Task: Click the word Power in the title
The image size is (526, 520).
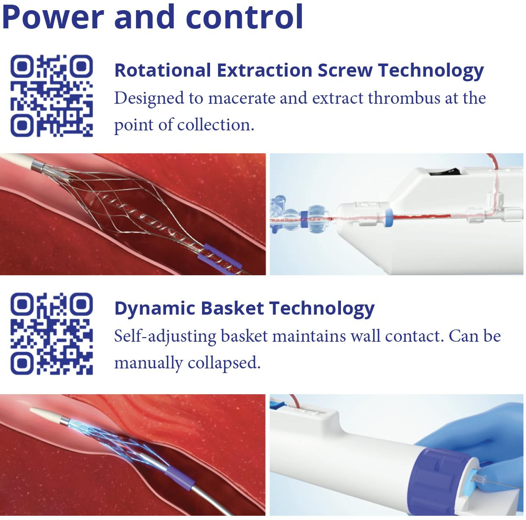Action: coord(53,17)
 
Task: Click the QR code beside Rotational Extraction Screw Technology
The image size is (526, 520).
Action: coord(52,96)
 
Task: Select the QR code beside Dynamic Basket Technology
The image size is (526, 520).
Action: coord(52,334)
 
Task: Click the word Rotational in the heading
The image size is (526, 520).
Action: coord(163,70)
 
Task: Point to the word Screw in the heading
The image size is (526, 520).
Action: coord(345,70)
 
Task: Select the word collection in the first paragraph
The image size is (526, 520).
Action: coord(216,125)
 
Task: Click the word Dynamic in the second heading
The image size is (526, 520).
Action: coord(155,309)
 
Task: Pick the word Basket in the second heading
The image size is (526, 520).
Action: coord(232,308)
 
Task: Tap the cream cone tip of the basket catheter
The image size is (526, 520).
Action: coord(47,415)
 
